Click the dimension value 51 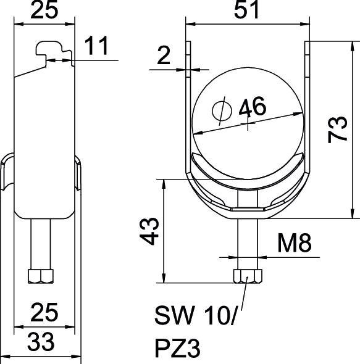tap(246, 10)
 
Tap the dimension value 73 tap(337, 130)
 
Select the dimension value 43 tap(149, 231)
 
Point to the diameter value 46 tap(253, 107)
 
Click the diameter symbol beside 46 tap(222, 110)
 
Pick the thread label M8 tap(295, 243)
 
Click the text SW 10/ tap(196, 315)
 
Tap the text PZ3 tap(177, 348)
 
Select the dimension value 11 tap(96, 46)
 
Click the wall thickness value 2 tap(164, 55)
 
